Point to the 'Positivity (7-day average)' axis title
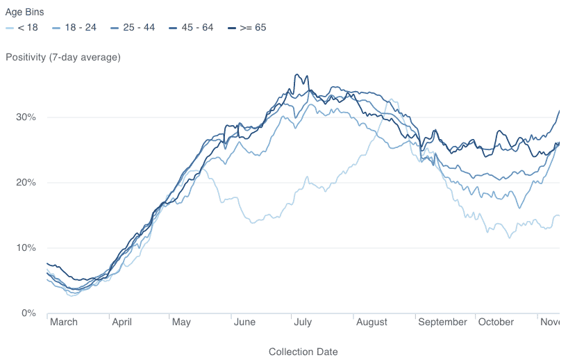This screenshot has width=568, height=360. (62, 57)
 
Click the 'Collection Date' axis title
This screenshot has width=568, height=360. (303, 352)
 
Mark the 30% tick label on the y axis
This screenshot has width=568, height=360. (26, 117)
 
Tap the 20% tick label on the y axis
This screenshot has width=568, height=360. (26, 182)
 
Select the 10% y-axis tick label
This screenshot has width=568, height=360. (26, 247)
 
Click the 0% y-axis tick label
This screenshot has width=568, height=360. (28, 313)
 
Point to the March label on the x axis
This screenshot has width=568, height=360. (64, 322)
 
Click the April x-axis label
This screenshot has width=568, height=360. (122, 322)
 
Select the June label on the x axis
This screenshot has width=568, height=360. (245, 322)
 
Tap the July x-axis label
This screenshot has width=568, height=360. (303, 322)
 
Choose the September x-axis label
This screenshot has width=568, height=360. (443, 322)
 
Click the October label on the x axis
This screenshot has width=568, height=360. (496, 322)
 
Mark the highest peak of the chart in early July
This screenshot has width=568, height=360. (297, 74)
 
